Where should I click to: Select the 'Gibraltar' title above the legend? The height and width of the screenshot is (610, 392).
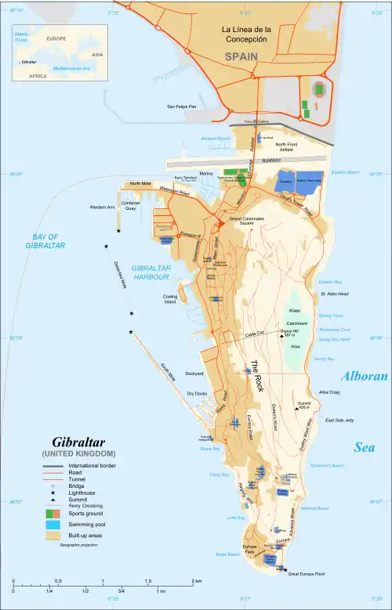pos(78,442)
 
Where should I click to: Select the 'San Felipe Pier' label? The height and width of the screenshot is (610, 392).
pos(181,106)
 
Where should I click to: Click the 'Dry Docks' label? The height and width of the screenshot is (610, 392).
pos(196,393)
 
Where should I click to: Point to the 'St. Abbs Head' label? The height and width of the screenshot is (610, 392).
pos(334,294)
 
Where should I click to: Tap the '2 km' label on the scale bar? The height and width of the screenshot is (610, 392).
pos(198,581)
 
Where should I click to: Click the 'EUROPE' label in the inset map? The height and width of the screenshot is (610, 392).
pos(56,38)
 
